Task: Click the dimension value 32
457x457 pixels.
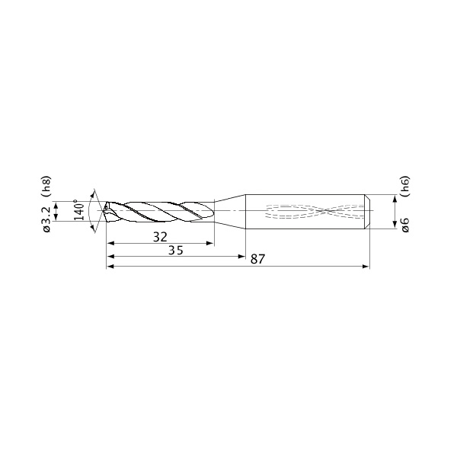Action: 160,237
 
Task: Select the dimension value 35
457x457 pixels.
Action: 176,250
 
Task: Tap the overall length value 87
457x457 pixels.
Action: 257,259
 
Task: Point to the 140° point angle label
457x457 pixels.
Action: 79,210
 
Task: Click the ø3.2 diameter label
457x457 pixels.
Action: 46,219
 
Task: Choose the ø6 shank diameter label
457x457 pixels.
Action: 405,225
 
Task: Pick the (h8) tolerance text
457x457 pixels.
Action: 46,187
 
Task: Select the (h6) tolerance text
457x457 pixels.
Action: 405,187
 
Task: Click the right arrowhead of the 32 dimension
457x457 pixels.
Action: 210,244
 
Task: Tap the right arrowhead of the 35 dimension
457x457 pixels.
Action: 242,257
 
